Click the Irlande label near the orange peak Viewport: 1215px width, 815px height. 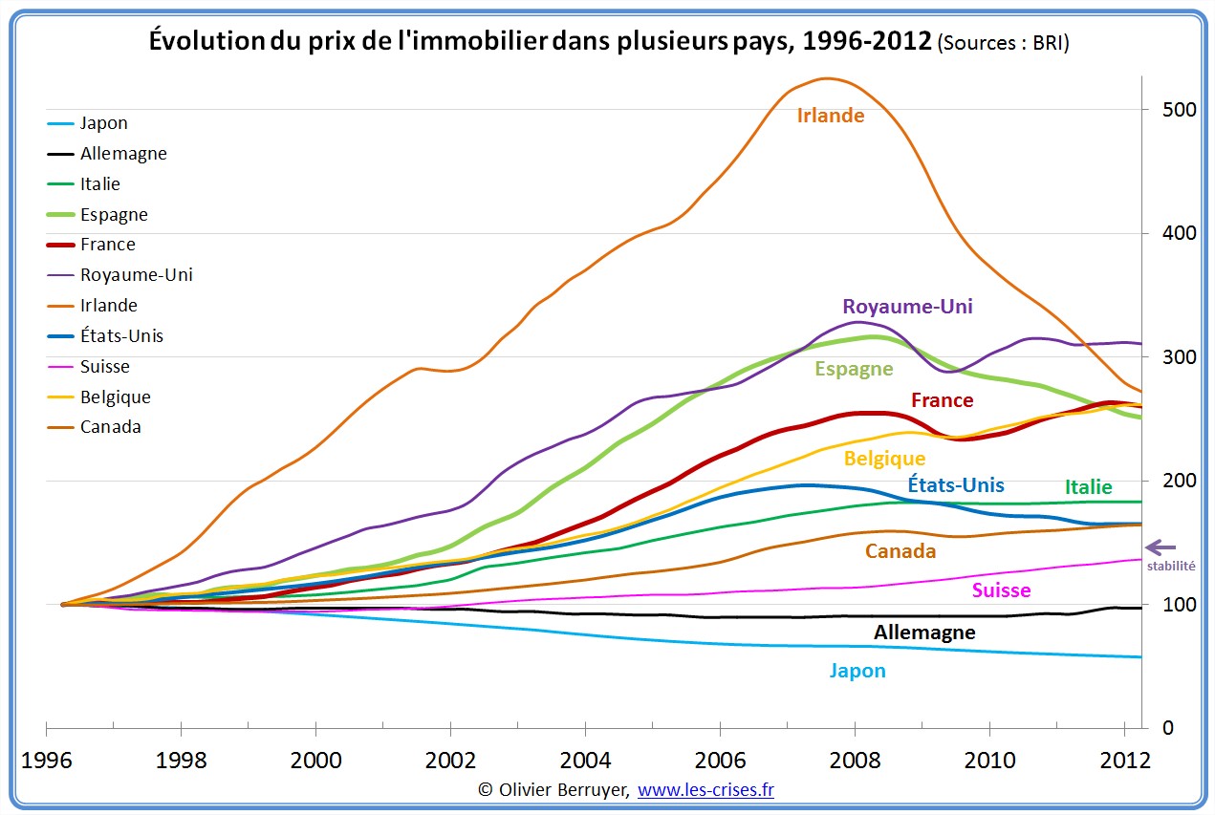click(x=831, y=116)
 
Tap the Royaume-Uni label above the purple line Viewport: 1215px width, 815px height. click(x=907, y=307)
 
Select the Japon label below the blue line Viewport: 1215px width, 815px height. click(x=857, y=671)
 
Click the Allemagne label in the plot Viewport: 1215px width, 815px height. click(x=924, y=633)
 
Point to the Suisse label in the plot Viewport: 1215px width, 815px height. click(x=1001, y=590)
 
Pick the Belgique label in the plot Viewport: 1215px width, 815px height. click(x=884, y=460)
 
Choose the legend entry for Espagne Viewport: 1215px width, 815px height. click(x=114, y=214)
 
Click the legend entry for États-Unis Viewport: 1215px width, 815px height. click(x=121, y=336)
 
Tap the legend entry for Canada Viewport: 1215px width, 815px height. click(x=110, y=427)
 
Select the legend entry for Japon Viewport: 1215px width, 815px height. click(x=103, y=123)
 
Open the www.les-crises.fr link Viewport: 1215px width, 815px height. click(x=705, y=790)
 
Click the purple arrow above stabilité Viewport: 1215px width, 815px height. click(x=1161, y=547)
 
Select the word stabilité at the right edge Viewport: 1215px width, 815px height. click(x=1172, y=566)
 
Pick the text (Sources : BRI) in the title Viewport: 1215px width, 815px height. click(x=1004, y=43)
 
